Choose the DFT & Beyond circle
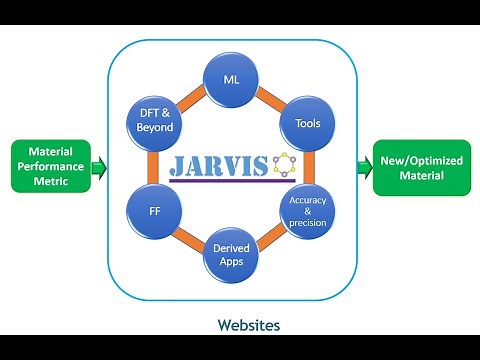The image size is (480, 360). tap(155, 123)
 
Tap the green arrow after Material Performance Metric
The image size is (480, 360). tap(98, 167)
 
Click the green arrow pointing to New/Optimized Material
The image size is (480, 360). tap(363, 168)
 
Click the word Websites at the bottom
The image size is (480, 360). tap(248, 325)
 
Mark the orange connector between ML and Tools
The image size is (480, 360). tap(271, 97)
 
